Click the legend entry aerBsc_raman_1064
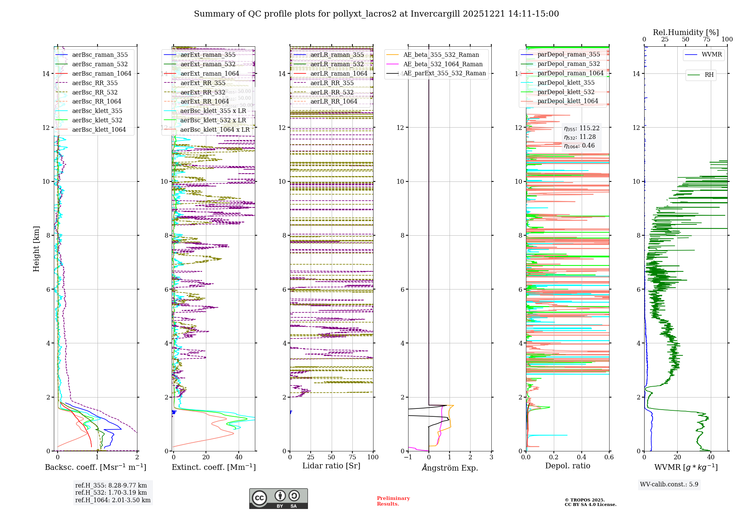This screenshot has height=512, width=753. pyautogui.click(x=102, y=73)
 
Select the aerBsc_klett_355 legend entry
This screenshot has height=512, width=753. pyautogui.click(x=97, y=111)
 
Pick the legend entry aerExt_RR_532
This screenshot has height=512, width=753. pyautogui.click(x=203, y=92)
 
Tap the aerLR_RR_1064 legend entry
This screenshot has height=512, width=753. pyautogui.click(x=334, y=101)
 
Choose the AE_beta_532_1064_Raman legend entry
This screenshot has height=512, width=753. pyautogui.click(x=443, y=64)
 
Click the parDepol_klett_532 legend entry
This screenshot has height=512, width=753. pyautogui.click(x=566, y=92)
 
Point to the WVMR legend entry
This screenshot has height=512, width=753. pyautogui.click(x=712, y=55)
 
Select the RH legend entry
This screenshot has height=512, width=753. pyautogui.click(x=709, y=75)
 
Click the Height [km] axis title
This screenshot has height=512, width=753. pyautogui.click(x=36, y=249)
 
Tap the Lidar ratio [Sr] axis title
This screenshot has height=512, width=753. pyautogui.click(x=331, y=466)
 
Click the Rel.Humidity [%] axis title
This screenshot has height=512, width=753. pyautogui.click(x=686, y=32)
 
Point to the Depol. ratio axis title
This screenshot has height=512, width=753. pyautogui.click(x=567, y=466)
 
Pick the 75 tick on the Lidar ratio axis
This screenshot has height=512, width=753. pyautogui.click(x=352, y=457)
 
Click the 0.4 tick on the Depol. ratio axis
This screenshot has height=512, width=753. pyautogui.click(x=581, y=457)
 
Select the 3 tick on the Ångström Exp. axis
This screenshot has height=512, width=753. pyautogui.click(x=491, y=457)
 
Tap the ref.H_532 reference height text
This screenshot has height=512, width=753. pyautogui.click(x=111, y=492)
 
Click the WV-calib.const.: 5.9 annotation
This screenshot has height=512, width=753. pyautogui.click(x=669, y=484)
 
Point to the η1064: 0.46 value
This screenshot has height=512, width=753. pyautogui.click(x=579, y=146)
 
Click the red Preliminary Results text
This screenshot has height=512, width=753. pyautogui.click(x=393, y=501)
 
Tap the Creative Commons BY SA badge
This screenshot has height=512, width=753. pyautogui.click(x=278, y=499)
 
